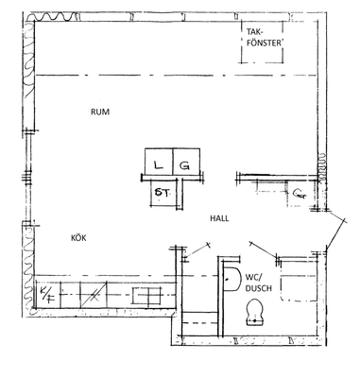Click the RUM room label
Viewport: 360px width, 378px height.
100,112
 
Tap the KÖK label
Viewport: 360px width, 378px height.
78,238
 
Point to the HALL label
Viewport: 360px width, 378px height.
219,218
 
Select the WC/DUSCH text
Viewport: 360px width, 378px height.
258,283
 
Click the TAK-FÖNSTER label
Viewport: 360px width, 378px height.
264,38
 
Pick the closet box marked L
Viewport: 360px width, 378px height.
159,162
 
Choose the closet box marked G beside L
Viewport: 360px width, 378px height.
186,162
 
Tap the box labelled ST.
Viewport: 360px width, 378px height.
163,192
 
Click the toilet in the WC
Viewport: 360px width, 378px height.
255,312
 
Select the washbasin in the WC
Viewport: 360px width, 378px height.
231,279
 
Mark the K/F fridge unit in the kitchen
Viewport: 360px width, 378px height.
48,294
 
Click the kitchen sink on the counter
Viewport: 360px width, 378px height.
147,296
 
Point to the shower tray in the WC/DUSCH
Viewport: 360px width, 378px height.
298,280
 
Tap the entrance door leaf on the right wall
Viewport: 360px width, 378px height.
335,233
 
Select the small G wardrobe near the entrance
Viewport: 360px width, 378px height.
300,194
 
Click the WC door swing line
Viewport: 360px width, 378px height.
264,252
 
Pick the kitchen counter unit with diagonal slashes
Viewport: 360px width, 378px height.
94,295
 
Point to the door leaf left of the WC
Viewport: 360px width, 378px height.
197,252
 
